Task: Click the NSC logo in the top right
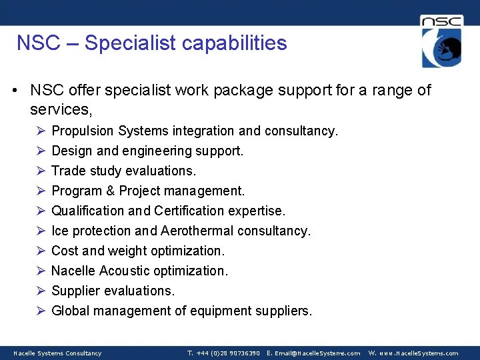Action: click(x=441, y=41)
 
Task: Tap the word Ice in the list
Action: click(x=59, y=231)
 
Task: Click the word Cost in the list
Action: click(x=65, y=251)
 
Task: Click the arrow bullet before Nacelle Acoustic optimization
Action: click(x=40, y=271)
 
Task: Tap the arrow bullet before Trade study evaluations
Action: click(x=40, y=171)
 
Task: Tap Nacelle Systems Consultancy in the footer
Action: click(x=57, y=353)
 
